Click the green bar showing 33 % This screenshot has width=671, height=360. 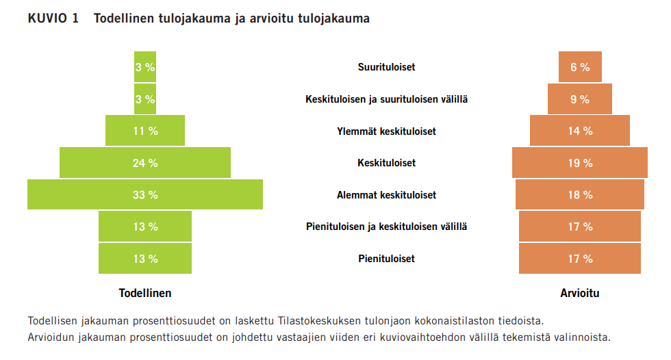coord(145,194)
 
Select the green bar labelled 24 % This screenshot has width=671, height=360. coord(145,163)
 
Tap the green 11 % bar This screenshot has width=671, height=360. coord(145,131)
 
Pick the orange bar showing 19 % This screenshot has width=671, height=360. coord(579,163)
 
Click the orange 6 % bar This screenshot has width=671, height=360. coord(579,67)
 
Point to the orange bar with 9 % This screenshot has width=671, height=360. coord(579,99)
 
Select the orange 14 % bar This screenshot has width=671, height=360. coord(579,131)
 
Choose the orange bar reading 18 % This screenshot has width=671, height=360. coord(579,194)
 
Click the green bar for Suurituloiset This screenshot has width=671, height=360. coord(145,67)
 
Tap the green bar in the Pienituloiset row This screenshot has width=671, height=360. coord(145,259)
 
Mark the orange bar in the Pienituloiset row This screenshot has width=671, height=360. coord(579,259)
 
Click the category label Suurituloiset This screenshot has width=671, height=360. coord(386,67)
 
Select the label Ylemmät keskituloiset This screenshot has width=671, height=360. coord(386,131)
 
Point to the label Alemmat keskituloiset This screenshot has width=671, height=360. coord(386,194)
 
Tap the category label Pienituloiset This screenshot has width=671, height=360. coord(386,259)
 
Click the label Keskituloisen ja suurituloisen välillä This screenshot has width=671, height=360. coord(386,99)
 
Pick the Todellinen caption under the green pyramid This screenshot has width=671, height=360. coord(145,293)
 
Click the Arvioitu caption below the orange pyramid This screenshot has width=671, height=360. coord(579,293)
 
